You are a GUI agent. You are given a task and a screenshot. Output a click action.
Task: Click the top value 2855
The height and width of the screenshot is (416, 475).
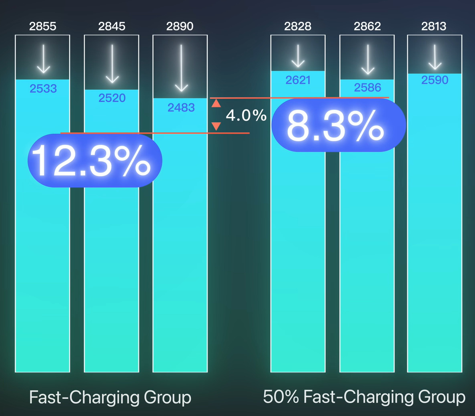pos(43,26)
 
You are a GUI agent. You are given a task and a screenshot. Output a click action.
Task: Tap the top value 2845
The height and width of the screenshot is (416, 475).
pos(112,26)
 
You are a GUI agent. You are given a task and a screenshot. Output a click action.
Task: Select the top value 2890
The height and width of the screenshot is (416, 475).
pos(180,26)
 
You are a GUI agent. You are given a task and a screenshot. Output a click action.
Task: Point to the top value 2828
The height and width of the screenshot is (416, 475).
pos(298,26)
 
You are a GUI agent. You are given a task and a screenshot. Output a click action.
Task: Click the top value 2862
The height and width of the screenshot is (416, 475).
pos(367,26)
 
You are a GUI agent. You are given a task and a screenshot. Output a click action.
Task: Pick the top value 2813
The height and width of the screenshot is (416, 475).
pos(434,26)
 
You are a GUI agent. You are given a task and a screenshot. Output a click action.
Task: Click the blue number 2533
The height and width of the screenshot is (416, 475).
pos(43,89)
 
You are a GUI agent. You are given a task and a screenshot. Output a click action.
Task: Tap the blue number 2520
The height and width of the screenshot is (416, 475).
pos(112,98)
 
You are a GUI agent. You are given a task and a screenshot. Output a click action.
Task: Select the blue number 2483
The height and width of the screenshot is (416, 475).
pos(181,107)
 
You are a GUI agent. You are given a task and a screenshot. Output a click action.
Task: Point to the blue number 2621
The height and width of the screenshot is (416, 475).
pos(298,80)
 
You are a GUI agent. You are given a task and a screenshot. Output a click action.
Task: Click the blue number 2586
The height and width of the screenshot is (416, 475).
pos(368,88)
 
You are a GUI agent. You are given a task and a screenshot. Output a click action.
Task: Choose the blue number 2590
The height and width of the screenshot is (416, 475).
pos(435,80)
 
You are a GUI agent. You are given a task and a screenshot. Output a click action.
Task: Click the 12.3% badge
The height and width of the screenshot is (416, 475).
pos(94,161)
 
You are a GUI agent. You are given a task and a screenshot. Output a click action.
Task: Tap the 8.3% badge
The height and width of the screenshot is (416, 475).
pos(338,125)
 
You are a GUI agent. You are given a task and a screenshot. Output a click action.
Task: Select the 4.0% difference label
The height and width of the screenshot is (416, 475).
pos(246,115)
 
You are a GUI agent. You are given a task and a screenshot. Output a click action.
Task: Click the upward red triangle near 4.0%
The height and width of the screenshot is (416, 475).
pos(216,103)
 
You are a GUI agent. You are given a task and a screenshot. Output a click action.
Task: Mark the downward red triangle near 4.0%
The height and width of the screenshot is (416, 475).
pos(216,126)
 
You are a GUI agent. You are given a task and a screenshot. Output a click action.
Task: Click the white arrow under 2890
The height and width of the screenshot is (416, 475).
pos(181,68)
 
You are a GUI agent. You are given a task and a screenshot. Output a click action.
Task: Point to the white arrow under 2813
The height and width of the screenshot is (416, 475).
pos(435,57)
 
